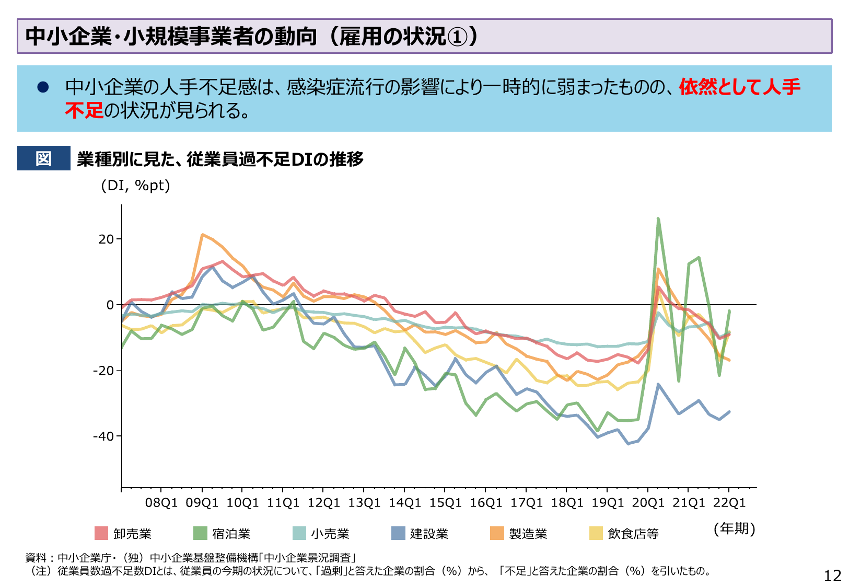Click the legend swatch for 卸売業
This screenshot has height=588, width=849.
point(101,533)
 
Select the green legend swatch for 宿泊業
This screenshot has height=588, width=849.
point(200,533)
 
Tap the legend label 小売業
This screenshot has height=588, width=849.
point(330,534)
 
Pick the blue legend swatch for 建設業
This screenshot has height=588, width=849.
point(398,533)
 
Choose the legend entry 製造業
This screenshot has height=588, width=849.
point(528,534)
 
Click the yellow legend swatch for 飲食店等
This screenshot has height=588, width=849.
point(596,533)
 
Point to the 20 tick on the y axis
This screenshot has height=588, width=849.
point(106,239)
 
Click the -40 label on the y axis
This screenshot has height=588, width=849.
point(103,436)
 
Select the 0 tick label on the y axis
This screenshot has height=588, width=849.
point(110,305)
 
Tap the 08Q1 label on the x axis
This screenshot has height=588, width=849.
point(161,503)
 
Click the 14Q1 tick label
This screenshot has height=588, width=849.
point(404,503)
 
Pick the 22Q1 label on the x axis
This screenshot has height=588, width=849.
point(729,503)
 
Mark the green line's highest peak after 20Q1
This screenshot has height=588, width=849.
point(658,219)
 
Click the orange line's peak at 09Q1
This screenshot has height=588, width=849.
point(203,235)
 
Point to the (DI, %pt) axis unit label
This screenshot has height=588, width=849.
point(135,186)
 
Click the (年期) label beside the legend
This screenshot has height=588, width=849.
point(734,528)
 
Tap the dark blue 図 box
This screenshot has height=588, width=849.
point(43,158)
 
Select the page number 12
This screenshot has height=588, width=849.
point(832,575)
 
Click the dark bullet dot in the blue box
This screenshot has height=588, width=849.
point(43,87)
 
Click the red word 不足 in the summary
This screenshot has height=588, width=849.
point(84,110)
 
